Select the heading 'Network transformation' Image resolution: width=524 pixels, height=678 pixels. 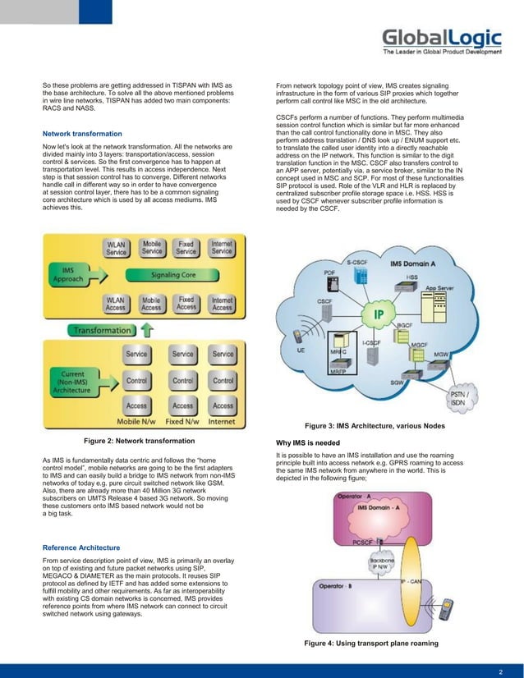click(x=82, y=133)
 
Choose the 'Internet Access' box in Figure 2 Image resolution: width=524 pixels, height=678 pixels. click(x=222, y=305)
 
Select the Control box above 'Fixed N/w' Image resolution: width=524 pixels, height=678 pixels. click(x=182, y=381)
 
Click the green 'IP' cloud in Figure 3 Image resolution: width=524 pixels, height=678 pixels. click(x=379, y=315)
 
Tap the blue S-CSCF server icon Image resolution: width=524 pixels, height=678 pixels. click(x=358, y=278)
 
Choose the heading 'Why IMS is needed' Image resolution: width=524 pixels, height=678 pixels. click(x=313, y=443)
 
